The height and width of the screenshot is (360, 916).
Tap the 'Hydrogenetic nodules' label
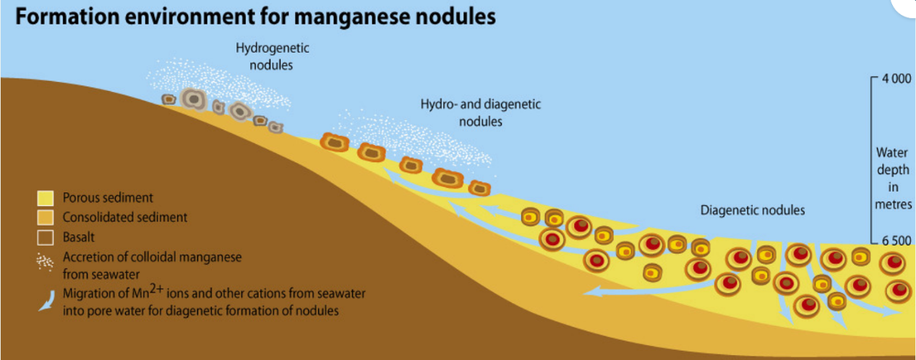point(273,56)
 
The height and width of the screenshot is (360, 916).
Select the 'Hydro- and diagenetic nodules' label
point(481,113)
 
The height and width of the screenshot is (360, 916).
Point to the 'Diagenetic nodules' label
point(752,211)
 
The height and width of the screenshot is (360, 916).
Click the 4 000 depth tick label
point(896,80)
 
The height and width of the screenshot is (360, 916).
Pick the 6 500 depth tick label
point(896,241)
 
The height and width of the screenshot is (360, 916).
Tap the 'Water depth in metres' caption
point(892,179)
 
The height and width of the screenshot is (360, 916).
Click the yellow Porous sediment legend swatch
point(46,197)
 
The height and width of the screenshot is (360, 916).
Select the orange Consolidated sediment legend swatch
point(46,217)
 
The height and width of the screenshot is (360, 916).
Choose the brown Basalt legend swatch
point(46,236)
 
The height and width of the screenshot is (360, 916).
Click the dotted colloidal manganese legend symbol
point(45,262)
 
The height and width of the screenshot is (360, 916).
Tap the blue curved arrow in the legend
point(46,301)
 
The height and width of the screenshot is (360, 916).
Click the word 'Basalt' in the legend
point(79,236)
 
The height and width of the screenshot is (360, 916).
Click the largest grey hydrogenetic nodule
point(193,98)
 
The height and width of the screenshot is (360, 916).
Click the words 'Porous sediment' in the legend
point(108,197)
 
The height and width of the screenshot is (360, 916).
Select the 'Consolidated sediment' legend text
point(125,217)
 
